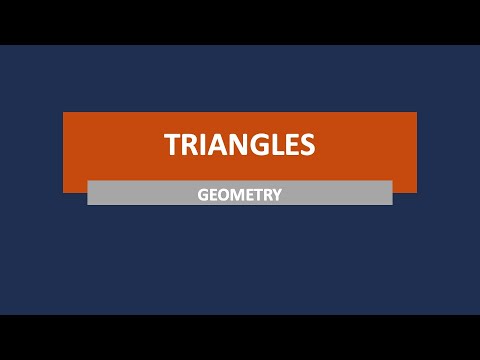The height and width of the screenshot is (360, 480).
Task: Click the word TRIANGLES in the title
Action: point(240,145)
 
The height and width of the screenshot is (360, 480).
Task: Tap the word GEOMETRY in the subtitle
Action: point(240,194)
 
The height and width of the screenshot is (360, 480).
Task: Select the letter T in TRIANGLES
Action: point(173,145)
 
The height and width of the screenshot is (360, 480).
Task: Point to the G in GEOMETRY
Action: point(204,194)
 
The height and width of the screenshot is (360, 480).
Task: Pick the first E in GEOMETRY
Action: point(214,194)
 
